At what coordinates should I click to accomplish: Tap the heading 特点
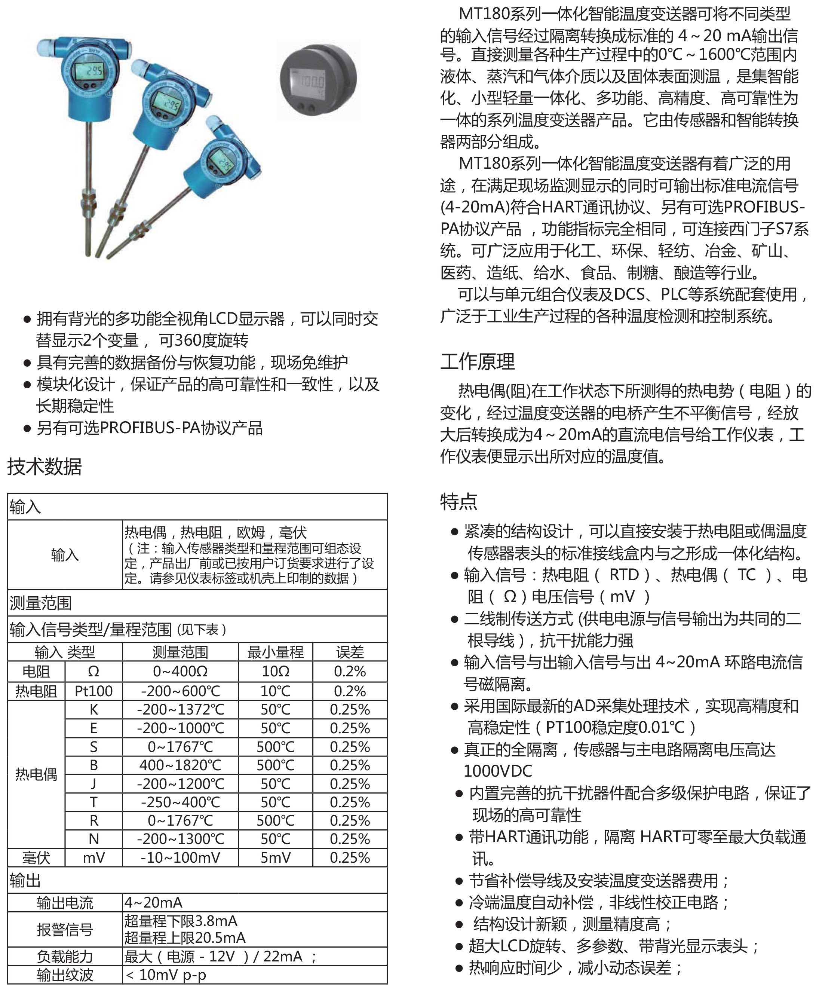point(458,501)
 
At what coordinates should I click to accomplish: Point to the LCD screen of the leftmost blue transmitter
point(90,71)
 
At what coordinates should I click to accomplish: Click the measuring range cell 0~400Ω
point(180,671)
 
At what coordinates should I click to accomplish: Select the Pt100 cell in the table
point(93,691)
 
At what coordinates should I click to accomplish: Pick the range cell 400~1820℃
point(180,765)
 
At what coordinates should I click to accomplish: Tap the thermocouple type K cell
point(93,709)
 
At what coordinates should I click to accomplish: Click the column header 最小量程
point(276,652)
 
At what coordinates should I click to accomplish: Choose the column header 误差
point(350,652)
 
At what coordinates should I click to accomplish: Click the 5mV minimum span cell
point(276,857)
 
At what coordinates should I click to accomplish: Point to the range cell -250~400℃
point(180,802)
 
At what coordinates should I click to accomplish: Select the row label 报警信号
point(65,929)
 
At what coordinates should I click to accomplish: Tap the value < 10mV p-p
point(166,975)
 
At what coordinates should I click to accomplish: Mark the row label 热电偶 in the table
point(36,774)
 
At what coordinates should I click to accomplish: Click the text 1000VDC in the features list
point(497,771)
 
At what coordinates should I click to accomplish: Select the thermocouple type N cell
point(93,839)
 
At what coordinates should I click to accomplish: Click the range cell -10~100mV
point(180,857)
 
